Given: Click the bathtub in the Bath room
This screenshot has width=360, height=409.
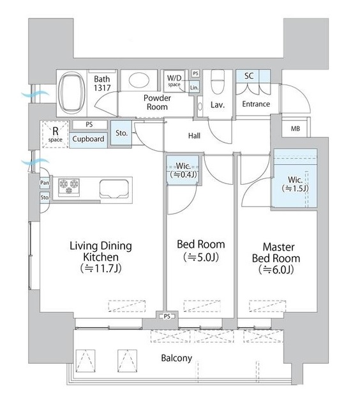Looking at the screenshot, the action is [72, 93].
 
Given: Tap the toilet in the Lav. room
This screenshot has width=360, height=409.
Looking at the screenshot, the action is [218, 82].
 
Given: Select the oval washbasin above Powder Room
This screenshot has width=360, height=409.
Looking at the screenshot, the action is [139, 81].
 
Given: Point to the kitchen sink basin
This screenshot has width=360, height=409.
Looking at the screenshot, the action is [114, 189].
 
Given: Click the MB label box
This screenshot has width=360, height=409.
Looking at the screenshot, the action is [296, 128].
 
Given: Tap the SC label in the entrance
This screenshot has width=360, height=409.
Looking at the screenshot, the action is [249, 75].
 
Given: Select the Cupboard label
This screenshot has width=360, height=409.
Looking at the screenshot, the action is [88, 139].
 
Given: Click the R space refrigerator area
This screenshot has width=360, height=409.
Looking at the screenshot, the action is [56, 135].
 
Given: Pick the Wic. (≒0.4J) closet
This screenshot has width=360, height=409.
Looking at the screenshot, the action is [183, 170].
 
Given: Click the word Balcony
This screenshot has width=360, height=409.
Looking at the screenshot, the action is [176, 358].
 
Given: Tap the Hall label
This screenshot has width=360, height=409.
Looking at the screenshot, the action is [194, 135].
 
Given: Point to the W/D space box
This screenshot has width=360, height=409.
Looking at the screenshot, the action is [174, 80].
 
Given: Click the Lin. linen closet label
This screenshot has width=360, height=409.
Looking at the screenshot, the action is [194, 88].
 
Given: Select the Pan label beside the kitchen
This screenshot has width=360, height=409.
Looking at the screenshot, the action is [45, 183].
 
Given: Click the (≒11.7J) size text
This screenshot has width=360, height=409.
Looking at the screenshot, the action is [101, 268].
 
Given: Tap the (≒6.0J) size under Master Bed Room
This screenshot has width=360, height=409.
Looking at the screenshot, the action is [276, 270].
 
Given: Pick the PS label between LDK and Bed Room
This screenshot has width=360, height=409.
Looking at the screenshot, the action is [167, 316].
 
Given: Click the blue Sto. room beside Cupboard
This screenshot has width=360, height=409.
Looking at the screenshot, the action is [121, 133].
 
